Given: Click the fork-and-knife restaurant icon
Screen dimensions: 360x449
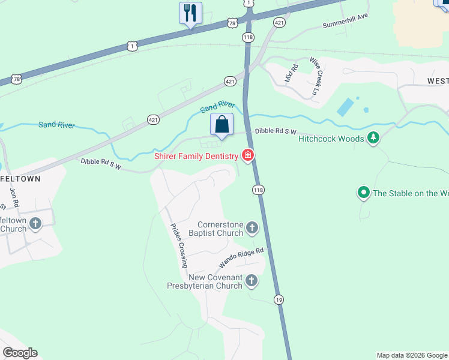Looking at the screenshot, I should [x=190, y=13].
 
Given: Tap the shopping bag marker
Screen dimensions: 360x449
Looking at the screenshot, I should [x=221, y=125].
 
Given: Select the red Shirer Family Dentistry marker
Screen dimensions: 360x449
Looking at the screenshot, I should [x=247, y=156].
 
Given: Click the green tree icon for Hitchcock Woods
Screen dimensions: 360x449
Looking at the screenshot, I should [x=373, y=139].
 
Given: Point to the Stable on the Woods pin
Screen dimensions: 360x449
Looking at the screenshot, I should [x=363, y=193].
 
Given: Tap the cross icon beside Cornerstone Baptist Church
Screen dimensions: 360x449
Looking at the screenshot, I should [x=252, y=228].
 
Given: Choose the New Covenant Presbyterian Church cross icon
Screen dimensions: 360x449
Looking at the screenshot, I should [x=252, y=281].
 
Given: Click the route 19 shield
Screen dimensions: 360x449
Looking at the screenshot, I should [x=279, y=299].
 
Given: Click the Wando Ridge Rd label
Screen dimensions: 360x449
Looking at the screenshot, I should [x=241, y=258].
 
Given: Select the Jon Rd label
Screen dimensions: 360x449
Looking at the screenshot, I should [x=14, y=196].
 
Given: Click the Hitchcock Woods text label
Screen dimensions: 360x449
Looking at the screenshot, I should [x=331, y=139].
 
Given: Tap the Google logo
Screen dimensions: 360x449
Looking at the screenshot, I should [x=20, y=353].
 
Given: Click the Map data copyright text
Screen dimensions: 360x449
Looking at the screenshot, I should [x=412, y=355].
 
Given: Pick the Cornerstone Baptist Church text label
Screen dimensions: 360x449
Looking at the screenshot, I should [x=216, y=229].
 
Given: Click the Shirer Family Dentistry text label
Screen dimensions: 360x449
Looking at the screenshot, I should [x=196, y=156].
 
